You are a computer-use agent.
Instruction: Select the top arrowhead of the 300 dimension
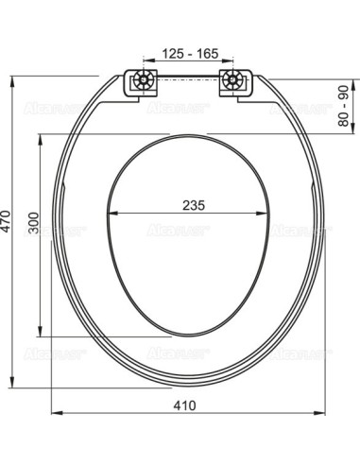(41, 138)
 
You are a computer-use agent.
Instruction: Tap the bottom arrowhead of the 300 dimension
(41, 334)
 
